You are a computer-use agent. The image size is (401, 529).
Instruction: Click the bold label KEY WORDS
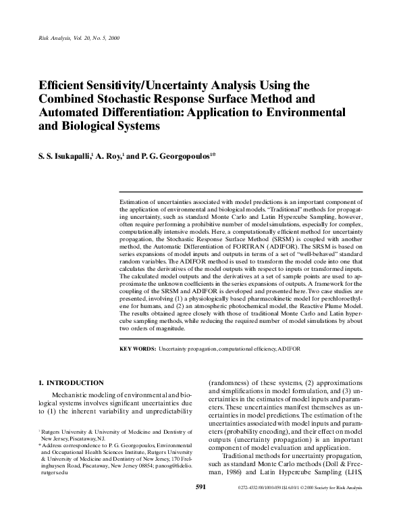(137, 349)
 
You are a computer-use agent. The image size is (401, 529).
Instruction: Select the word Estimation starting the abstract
(134, 202)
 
